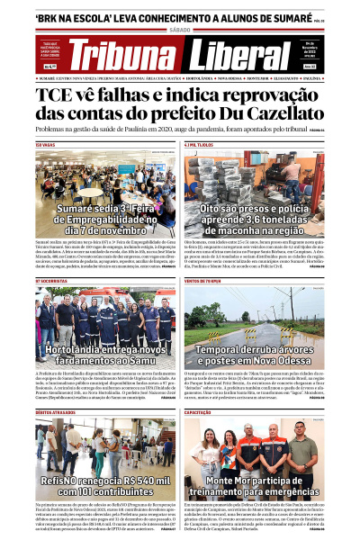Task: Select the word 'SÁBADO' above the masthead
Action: tap(180, 30)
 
